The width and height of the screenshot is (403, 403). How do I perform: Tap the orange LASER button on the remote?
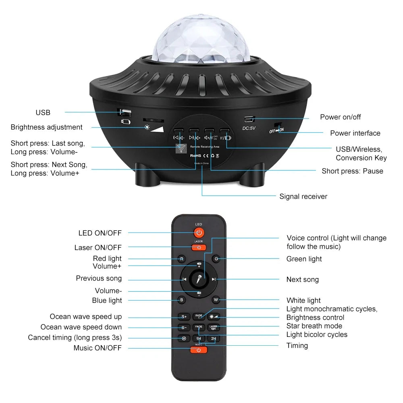point(199,247)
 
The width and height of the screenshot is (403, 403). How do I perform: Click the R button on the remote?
point(182,259)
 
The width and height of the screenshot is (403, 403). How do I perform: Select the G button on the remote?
point(216,259)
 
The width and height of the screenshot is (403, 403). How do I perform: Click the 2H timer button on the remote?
point(214,339)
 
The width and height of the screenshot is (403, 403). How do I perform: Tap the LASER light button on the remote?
point(214,328)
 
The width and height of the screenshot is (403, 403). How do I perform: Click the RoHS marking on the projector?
point(195,155)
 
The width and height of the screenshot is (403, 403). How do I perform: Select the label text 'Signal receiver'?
point(303,197)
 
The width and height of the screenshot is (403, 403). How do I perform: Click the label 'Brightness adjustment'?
point(46,127)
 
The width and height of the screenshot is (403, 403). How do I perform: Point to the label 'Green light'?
point(304,259)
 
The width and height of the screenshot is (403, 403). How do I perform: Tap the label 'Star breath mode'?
point(314,326)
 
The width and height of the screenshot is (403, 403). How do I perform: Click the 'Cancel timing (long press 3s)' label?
point(75,337)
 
